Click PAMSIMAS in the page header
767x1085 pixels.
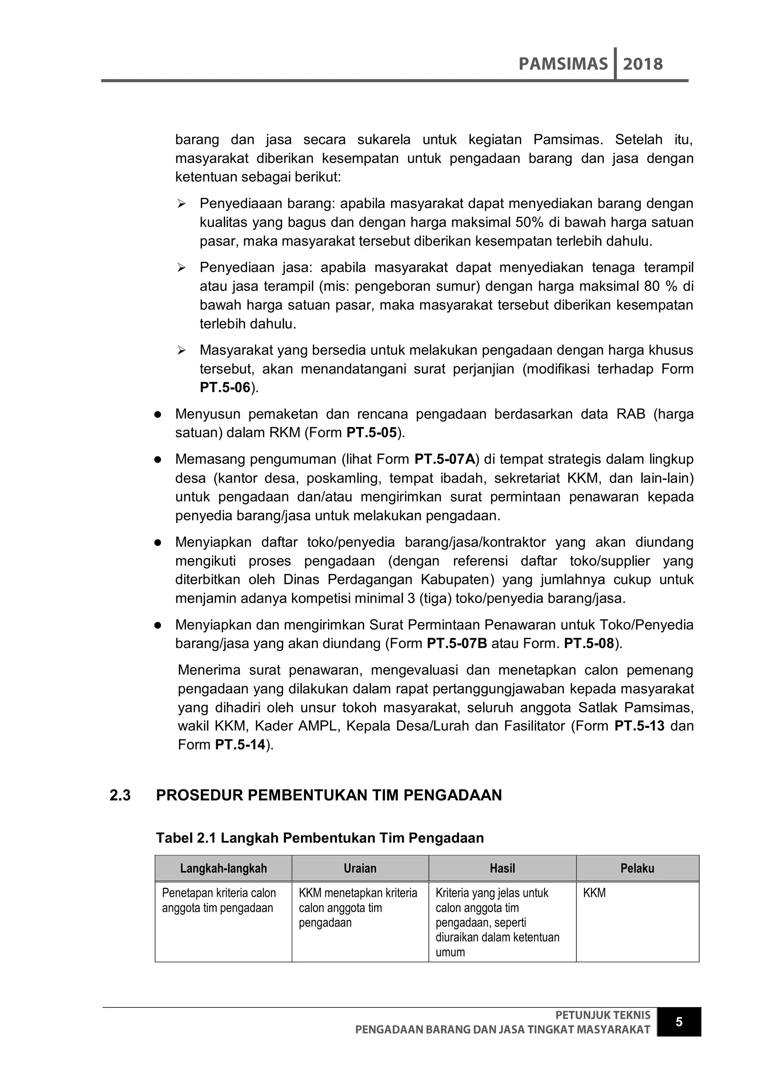pyautogui.click(x=563, y=64)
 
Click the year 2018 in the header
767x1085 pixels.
pyautogui.click(x=643, y=64)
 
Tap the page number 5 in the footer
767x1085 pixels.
pyautogui.click(x=679, y=1022)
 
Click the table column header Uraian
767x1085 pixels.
pyautogui.click(x=360, y=868)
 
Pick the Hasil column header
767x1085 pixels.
pyautogui.click(x=502, y=868)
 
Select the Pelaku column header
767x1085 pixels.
pyautogui.click(x=637, y=868)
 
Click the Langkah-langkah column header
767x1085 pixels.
pyautogui.click(x=223, y=868)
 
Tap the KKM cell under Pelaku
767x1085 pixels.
pyautogui.click(x=594, y=893)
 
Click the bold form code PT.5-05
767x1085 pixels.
pyautogui.click(x=372, y=433)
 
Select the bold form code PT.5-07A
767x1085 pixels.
pyautogui.click(x=445, y=459)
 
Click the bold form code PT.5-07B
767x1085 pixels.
pyautogui.click(x=457, y=644)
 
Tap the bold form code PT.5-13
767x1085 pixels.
pyautogui.click(x=640, y=726)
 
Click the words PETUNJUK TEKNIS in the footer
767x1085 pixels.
pyautogui.click(x=603, y=1015)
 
